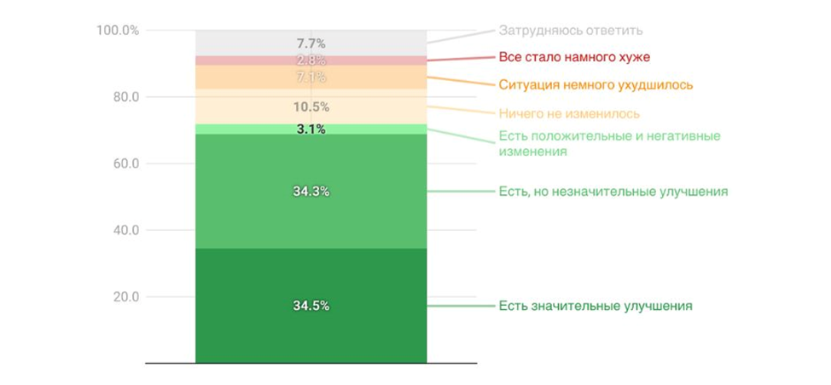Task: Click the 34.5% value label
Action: (311, 306)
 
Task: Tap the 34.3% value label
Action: (311, 192)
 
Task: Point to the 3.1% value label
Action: (311, 129)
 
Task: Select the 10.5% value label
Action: (311, 106)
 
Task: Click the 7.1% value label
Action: (311, 78)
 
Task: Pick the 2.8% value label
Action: (311, 60)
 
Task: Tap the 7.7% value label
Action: (311, 43)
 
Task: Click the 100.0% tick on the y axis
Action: (118, 31)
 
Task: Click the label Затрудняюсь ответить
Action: (570, 31)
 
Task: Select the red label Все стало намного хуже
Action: (574, 58)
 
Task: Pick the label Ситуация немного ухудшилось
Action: (596, 85)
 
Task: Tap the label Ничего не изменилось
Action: (568, 113)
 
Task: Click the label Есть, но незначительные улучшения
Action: (613, 192)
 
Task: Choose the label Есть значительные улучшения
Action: (595, 306)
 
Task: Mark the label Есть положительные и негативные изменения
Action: (609, 144)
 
